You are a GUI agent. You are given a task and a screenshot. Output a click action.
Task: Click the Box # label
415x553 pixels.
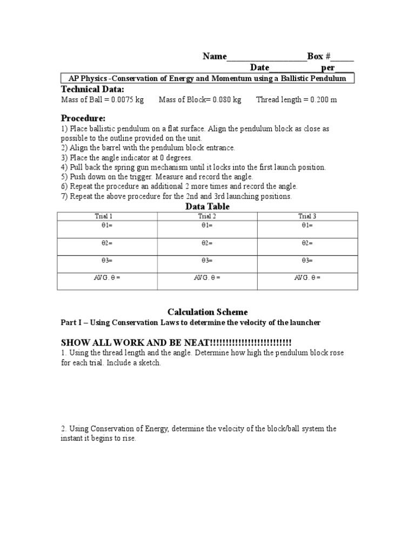point(319,56)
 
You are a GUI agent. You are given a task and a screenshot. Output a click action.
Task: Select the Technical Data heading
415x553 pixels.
point(92,89)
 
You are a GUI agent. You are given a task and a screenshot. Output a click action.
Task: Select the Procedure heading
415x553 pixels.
point(83,118)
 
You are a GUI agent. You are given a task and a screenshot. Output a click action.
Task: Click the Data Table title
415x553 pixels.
point(207,206)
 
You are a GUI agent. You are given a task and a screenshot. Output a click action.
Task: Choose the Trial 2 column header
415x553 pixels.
point(207,216)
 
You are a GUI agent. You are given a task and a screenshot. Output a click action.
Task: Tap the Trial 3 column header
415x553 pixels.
point(307,216)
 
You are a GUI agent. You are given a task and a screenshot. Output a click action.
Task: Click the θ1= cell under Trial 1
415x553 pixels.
point(107,225)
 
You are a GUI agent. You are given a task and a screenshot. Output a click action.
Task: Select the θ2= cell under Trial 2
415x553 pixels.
point(207,243)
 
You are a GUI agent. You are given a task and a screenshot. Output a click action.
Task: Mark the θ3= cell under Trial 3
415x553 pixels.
point(307,261)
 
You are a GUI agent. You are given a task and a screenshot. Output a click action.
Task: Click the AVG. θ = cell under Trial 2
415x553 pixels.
point(207,278)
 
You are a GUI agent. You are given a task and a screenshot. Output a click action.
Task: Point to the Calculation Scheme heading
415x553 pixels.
point(207,312)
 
